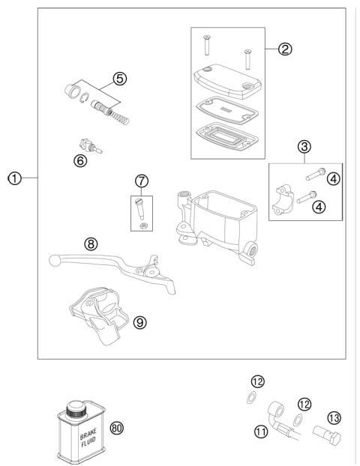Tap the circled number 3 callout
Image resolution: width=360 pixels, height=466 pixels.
pos(305,147)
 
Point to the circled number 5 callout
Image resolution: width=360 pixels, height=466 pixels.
pos(120,78)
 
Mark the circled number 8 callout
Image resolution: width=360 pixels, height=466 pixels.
pos(91,243)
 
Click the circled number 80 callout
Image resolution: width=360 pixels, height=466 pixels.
pos(115,429)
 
